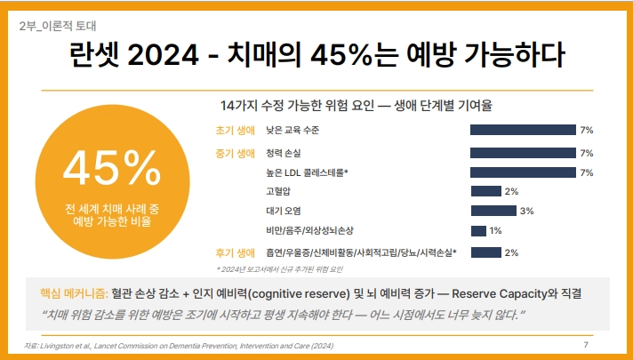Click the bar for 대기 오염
pos(493,211)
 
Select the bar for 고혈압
pos(486,191)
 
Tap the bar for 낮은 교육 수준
pos(523,130)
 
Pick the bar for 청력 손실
pos(523,153)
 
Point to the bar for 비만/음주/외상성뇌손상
pos(478,231)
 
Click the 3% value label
pos(527,211)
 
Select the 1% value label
pos(495,231)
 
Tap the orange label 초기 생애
pos(235,131)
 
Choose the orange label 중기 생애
pos(235,154)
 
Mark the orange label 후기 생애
pos(235,253)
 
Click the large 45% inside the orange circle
pos(112,168)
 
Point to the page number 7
pos(586,344)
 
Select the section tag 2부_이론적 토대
pos(58,27)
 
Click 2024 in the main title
pos(163,55)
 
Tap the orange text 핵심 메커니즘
pos(74,293)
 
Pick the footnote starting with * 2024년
pos(279,269)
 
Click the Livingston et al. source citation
pos(179,346)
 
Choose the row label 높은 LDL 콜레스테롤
pos(307,172)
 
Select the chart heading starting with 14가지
pos(356,106)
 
